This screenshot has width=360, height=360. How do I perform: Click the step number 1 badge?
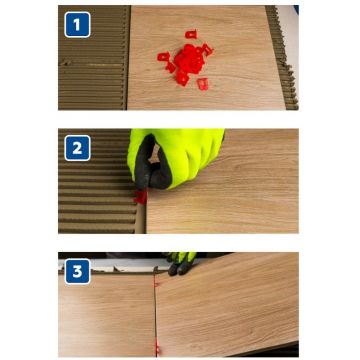[77, 25]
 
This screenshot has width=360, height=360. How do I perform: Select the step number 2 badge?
[77, 148]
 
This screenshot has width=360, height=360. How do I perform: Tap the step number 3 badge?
[77, 271]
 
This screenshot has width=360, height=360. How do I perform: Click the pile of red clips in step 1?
[188, 61]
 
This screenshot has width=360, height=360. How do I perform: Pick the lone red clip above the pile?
[191, 34]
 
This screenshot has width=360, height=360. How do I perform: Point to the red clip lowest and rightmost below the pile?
[203, 84]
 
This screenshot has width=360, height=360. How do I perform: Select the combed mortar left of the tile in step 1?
[94, 58]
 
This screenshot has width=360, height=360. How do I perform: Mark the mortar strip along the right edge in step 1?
[282, 58]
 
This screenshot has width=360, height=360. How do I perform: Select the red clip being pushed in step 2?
[141, 197]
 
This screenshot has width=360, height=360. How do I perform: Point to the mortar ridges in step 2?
[97, 187]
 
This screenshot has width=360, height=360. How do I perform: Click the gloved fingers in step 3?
[182, 263]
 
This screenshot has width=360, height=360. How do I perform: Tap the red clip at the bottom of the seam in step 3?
[157, 347]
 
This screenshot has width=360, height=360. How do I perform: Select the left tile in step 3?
[107, 315]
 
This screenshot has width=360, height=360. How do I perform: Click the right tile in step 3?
[227, 307]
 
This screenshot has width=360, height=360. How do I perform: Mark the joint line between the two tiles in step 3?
[155, 312]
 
